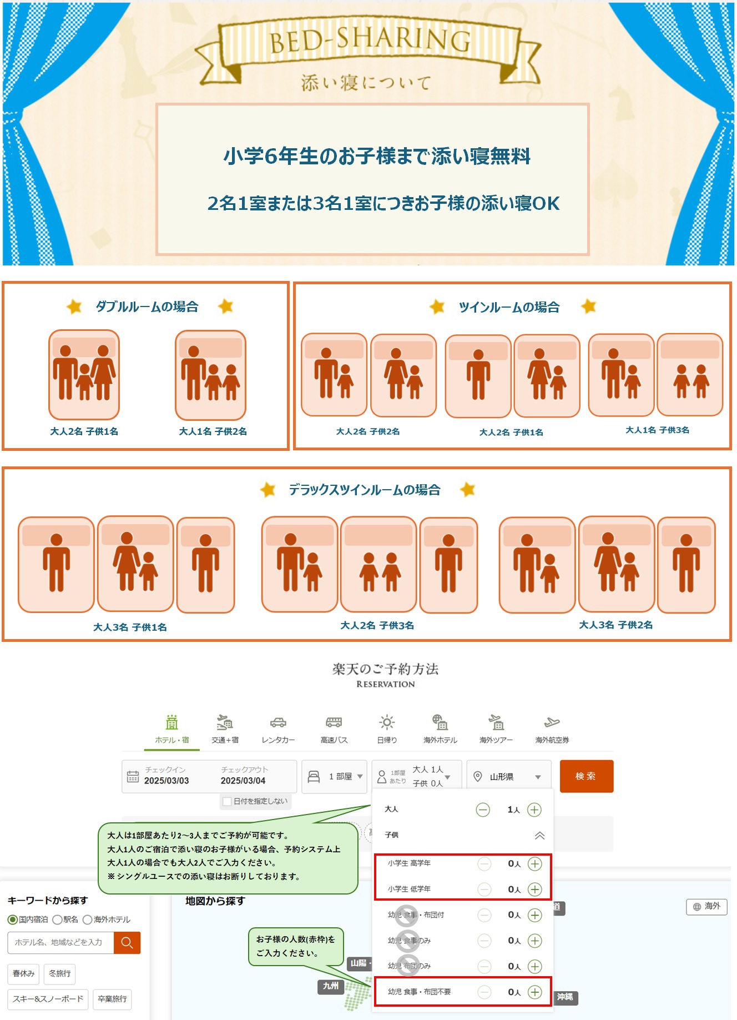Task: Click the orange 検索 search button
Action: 586,776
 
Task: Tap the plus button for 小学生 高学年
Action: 534,863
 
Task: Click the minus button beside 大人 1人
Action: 483,810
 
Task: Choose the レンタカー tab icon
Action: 278,722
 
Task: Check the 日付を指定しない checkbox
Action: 227,801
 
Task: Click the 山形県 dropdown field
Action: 508,776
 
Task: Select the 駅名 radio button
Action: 57,919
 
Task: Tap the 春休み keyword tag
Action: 24,973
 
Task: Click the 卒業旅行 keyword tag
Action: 112,999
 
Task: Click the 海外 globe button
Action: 706,906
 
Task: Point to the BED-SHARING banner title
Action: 370,41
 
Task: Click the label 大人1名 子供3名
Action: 657,430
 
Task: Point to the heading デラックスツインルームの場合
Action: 364,490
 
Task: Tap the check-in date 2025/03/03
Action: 166,781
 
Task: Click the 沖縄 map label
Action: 565,997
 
